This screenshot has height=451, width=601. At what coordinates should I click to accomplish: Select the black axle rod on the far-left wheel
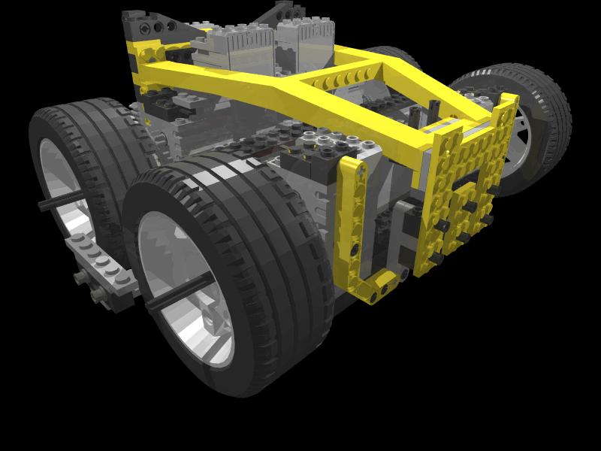tap(60, 201)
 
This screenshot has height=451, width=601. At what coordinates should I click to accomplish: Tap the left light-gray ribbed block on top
tap(233, 41)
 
